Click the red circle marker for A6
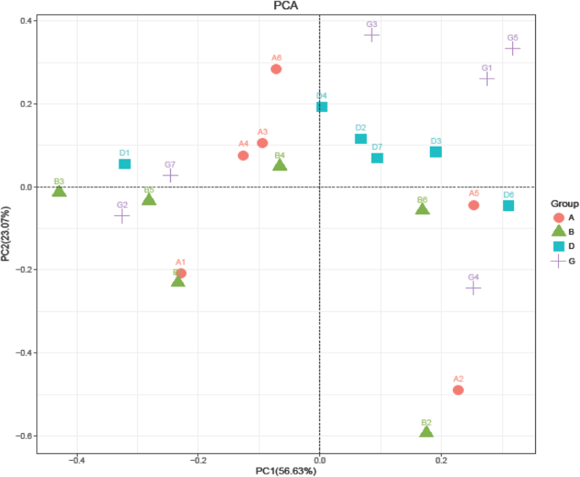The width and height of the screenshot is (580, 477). pyautogui.click(x=276, y=69)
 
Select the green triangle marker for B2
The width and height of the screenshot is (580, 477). pyautogui.click(x=427, y=431)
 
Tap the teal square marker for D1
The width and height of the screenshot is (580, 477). pyautogui.click(x=124, y=164)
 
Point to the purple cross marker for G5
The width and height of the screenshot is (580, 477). pyautogui.click(x=512, y=48)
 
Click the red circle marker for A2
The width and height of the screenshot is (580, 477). pyautogui.click(x=458, y=390)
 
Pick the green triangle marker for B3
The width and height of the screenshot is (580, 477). pyautogui.click(x=59, y=191)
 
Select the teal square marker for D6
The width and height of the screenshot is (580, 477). pyautogui.click(x=508, y=206)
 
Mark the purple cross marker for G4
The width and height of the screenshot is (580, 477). pyautogui.click(x=473, y=288)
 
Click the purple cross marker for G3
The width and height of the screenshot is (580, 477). pyautogui.click(x=372, y=35)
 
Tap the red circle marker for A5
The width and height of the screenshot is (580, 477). pyautogui.click(x=474, y=205)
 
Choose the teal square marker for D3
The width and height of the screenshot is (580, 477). pyautogui.click(x=436, y=152)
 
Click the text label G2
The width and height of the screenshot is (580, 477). pyautogui.click(x=122, y=205)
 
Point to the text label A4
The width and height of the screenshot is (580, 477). pyautogui.click(x=243, y=144)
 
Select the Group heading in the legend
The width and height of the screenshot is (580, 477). pyautogui.click(x=564, y=204)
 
